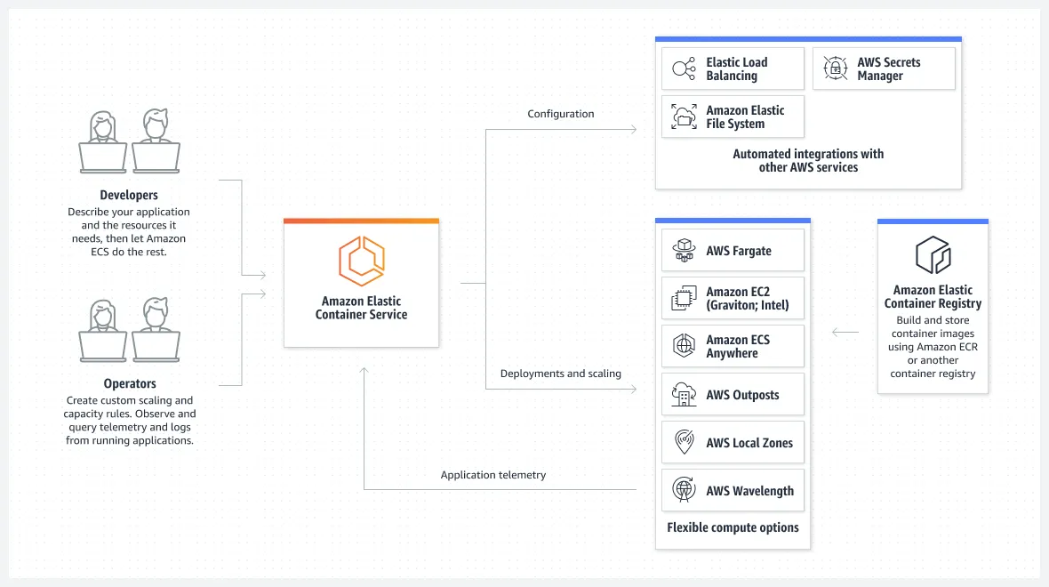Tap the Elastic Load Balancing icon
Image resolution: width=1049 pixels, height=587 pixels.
pos(684,68)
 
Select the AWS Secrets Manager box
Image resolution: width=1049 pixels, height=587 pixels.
pos(884,68)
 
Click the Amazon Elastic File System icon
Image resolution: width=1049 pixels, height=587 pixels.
pos(684,117)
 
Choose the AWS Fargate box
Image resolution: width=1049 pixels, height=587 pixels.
pos(733,251)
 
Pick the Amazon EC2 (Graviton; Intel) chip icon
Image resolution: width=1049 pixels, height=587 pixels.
pos(684,299)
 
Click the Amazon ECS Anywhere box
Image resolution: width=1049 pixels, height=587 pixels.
pos(733,347)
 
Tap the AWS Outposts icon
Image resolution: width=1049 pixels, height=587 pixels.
pos(684,395)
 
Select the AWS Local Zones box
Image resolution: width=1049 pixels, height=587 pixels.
pos(733,443)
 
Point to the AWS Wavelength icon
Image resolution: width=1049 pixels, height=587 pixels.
pos(684,491)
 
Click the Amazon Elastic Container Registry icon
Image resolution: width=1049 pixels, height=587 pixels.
pos(933,255)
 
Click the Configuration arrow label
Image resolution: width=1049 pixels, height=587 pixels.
pos(560,114)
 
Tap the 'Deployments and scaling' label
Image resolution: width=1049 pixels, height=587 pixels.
pos(560,374)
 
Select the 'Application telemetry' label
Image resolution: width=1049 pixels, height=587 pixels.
pos(493,475)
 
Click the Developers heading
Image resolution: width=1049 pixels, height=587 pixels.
pos(129,195)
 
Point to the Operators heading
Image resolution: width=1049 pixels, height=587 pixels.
pos(129,384)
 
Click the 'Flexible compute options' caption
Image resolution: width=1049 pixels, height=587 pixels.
pos(733,527)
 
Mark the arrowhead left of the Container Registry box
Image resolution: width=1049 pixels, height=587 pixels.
pos(836,333)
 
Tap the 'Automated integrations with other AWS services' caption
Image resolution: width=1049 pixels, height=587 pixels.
pos(808,160)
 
